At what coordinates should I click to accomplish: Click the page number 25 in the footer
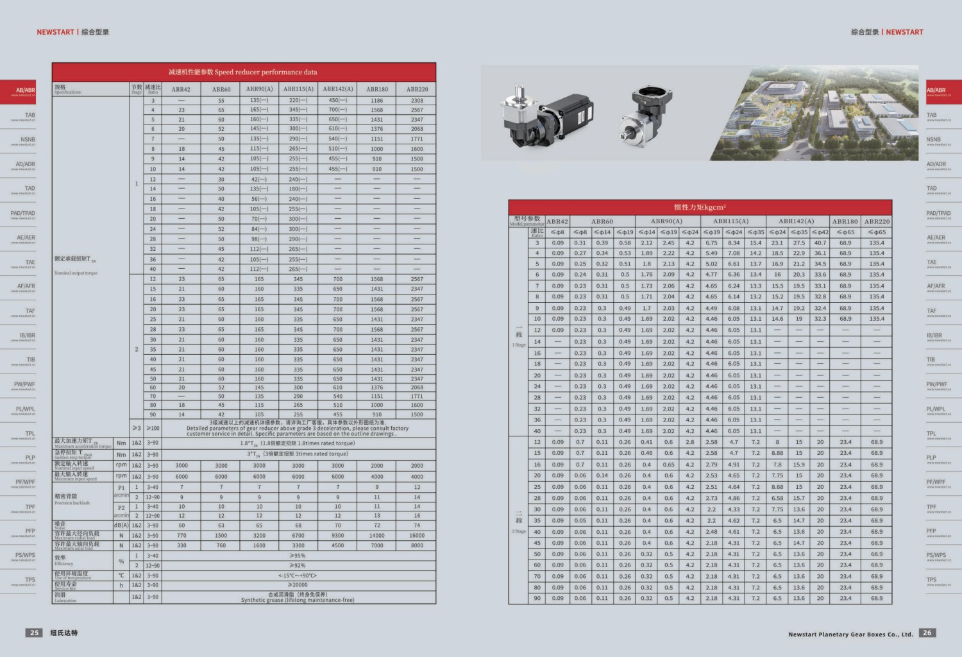tap(35, 633)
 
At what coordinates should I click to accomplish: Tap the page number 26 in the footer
tap(927, 633)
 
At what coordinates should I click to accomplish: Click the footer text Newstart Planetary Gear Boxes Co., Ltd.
tap(850, 635)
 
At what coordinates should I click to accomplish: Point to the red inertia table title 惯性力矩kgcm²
tap(700, 207)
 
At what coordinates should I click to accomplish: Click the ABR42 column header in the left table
tap(181, 90)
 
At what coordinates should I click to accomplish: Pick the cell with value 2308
tap(417, 101)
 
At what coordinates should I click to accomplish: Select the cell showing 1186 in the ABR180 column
tap(376, 101)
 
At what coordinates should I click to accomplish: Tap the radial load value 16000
tap(417, 535)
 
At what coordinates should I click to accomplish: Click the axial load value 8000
tap(417, 545)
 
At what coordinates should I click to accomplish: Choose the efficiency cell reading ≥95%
tap(298, 556)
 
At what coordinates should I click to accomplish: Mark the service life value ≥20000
tap(298, 585)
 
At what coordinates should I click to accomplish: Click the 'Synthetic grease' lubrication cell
tap(298, 597)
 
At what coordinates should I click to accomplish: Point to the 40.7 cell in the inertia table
tap(820, 243)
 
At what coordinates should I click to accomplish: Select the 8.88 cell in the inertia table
tap(777, 453)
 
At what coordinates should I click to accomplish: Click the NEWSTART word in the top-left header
tap(55, 32)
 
